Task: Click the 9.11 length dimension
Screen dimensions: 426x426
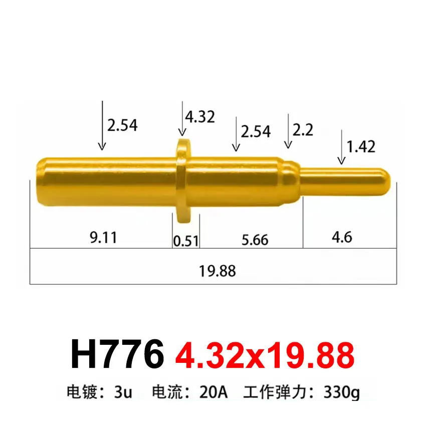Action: (x=104, y=237)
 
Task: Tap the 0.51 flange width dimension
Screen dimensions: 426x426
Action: (x=186, y=241)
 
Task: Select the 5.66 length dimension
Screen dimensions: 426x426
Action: (x=255, y=240)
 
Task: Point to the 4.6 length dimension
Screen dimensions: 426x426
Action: (x=341, y=237)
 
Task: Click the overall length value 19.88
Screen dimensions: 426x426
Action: (x=217, y=271)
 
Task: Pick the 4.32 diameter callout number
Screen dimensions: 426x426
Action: (x=199, y=117)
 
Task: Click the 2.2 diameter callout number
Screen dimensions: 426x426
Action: (x=303, y=130)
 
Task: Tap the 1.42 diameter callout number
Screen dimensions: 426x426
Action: (x=361, y=146)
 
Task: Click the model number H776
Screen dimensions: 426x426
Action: (x=117, y=355)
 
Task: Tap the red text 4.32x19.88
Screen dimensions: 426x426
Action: (x=265, y=355)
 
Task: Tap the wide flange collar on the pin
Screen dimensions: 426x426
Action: (x=182, y=180)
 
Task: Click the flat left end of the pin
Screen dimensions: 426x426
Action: (x=37, y=180)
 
